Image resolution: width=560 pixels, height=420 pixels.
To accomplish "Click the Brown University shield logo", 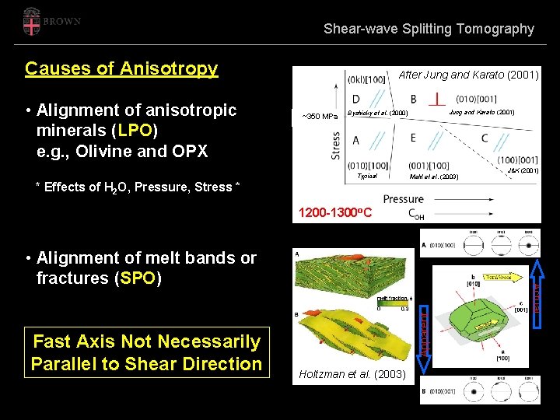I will pyautogui.click(x=30, y=21).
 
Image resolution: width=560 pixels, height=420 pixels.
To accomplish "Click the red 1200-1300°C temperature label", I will pyautogui.click(x=335, y=212).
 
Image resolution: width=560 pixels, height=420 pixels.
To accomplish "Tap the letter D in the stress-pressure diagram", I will pyautogui.click(x=355, y=99).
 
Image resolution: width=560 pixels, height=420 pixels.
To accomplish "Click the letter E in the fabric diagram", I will pyautogui.click(x=412, y=138).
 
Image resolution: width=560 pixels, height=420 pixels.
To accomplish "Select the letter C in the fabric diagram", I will pyautogui.click(x=484, y=138).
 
